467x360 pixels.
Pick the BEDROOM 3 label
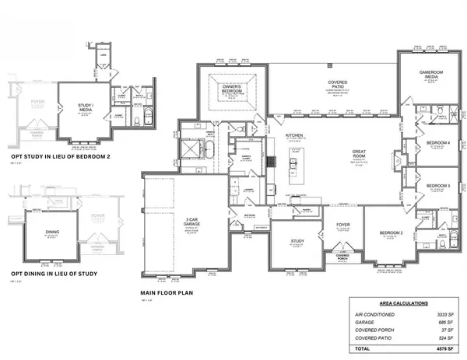[438, 185]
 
